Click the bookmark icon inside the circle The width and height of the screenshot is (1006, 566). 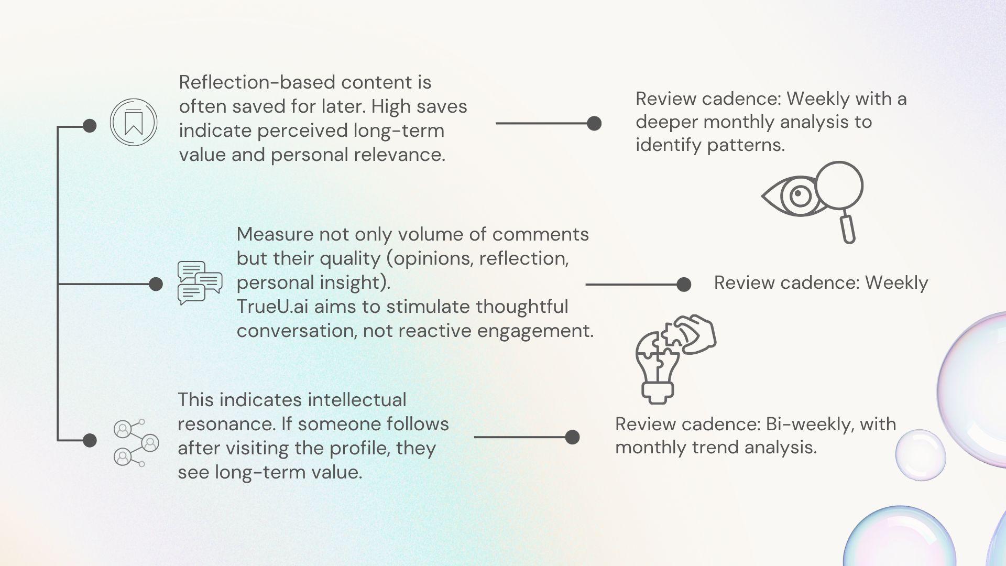pos(134,123)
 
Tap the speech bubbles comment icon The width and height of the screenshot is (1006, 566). pos(200,283)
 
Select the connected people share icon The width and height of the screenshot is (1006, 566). pos(136,443)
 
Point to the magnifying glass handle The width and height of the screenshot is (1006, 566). pos(848,227)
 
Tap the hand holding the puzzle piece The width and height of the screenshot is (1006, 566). pos(697,333)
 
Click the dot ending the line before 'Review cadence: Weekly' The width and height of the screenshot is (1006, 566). pos(684,284)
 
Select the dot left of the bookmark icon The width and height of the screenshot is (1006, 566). pos(90,126)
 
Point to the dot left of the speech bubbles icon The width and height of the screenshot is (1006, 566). pos(156,284)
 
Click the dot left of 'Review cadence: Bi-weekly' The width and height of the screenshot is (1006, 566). pos(573,437)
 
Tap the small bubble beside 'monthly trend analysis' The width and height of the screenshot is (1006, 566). pos(920,455)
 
